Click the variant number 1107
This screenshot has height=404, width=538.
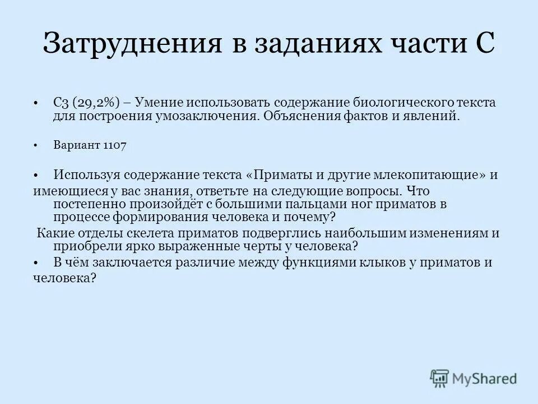click(115, 145)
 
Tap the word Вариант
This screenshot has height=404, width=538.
click(77, 145)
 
